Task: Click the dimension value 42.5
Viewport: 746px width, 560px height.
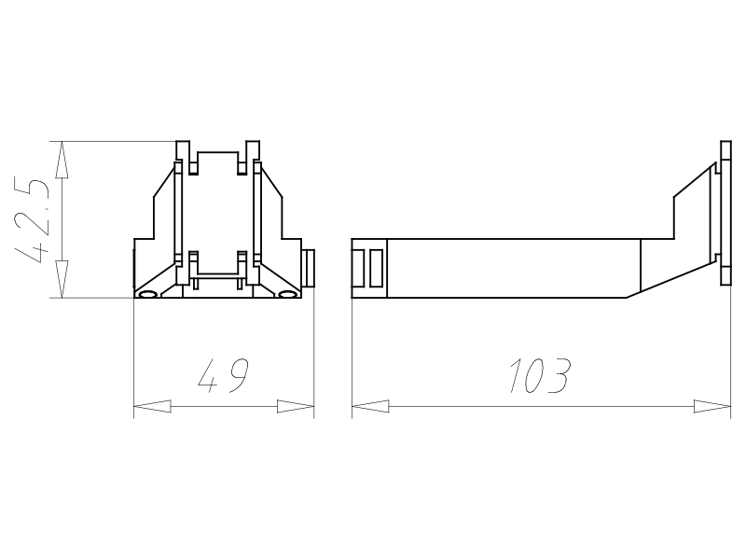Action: click(32, 221)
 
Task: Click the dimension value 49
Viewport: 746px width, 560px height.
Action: click(223, 376)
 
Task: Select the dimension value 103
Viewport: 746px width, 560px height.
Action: click(540, 376)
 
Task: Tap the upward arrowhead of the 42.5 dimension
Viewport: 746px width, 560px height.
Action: click(62, 160)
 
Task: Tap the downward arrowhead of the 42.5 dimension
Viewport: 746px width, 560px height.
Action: click(62, 279)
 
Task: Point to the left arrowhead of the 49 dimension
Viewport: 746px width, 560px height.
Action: click(152, 406)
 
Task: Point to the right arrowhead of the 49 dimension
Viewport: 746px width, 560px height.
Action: click(296, 406)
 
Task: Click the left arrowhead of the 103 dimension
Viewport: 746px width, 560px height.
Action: click(370, 406)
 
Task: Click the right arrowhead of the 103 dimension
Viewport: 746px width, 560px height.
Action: click(712, 406)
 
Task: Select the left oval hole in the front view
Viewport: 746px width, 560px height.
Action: click(147, 294)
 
